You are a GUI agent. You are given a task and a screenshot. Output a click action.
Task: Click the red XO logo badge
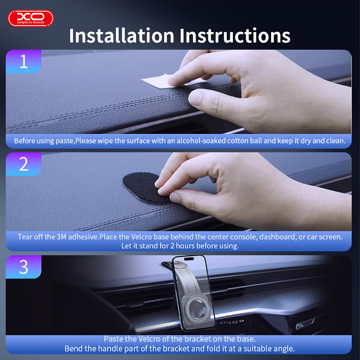pos(31,18)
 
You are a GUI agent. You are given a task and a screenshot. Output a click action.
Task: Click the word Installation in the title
pos(122,36)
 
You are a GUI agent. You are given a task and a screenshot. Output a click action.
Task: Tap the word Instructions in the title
pos(235,36)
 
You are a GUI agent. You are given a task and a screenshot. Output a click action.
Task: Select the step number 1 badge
pos(23,62)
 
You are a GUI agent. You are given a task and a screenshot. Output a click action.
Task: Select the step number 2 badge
pos(23,164)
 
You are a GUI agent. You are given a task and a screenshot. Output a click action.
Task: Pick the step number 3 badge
pos(23,267)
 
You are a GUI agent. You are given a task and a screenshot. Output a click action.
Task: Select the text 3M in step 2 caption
pos(61,237)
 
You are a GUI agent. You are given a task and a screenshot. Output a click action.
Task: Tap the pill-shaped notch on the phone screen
pos(189,259)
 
